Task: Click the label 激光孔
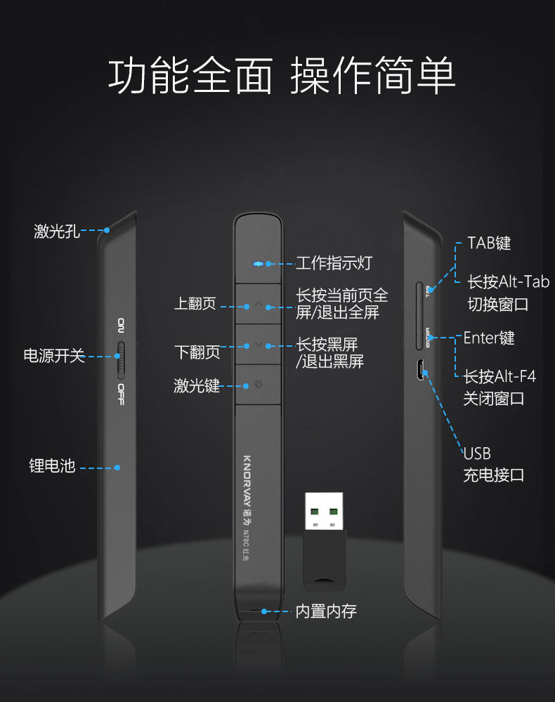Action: tap(57, 231)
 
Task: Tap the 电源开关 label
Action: tap(54, 356)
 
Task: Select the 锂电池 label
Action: tap(52, 466)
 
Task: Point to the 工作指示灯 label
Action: tap(334, 263)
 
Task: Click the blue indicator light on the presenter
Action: tap(259, 264)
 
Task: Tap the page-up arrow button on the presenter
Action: tap(259, 305)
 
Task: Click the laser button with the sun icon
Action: tap(259, 385)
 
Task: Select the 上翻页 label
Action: tap(195, 305)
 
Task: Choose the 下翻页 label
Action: tap(197, 350)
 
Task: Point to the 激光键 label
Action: tap(197, 385)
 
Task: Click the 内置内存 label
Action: tap(326, 611)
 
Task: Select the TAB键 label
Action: tap(489, 244)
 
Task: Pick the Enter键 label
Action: tap(489, 338)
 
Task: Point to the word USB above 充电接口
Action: tap(477, 453)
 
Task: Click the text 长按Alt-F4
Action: tap(499, 377)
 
